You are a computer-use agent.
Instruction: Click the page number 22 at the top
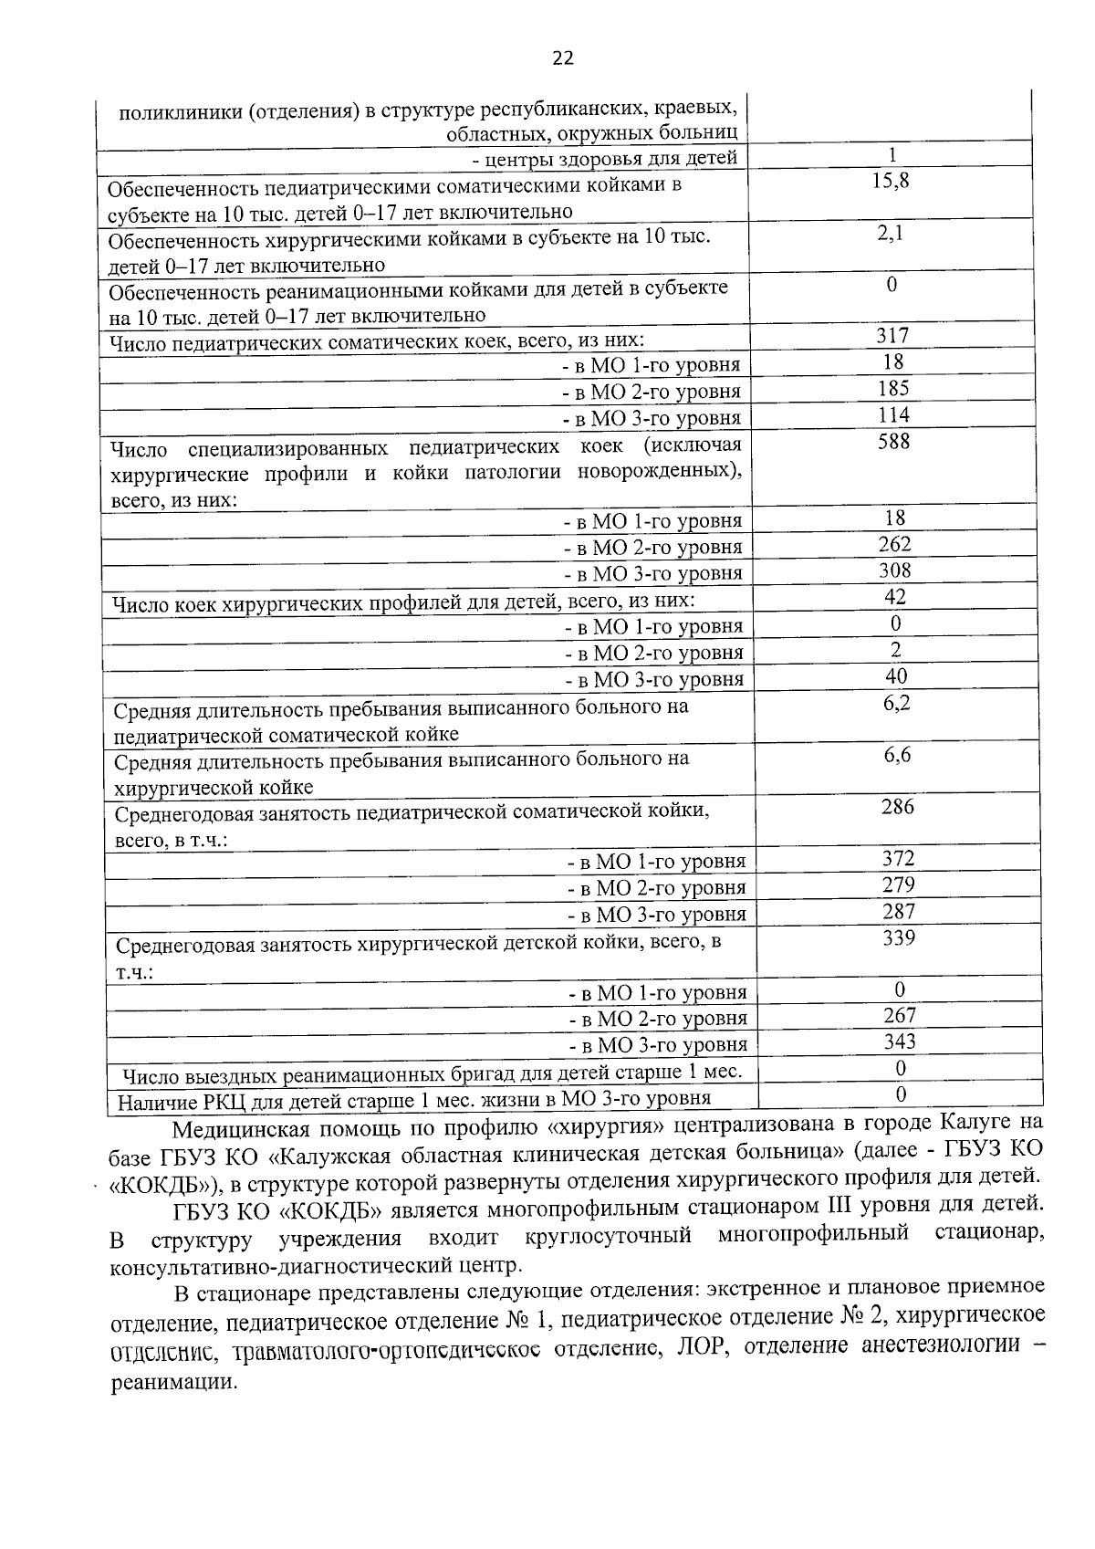click(563, 58)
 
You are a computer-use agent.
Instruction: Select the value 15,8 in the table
click(891, 181)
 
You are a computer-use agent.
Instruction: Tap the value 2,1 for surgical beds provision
click(891, 233)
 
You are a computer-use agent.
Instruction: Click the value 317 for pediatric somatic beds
click(892, 336)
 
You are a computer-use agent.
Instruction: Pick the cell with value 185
click(892, 389)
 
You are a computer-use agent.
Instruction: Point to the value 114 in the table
click(893, 415)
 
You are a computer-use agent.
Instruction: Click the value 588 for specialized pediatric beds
click(893, 442)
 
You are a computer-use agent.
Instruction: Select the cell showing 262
click(894, 545)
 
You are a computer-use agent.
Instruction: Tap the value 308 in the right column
click(894, 571)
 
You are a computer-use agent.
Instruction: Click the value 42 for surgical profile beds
click(895, 597)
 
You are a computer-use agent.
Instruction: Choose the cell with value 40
click(896, 676)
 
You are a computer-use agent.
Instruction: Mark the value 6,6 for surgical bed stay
click(897, 755)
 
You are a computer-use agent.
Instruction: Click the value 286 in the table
click(897, 807)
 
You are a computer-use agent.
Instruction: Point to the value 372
click(898, 859)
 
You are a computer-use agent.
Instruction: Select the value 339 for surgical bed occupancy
click(899, 938)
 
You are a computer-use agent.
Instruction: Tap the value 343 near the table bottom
click(900, 1042)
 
